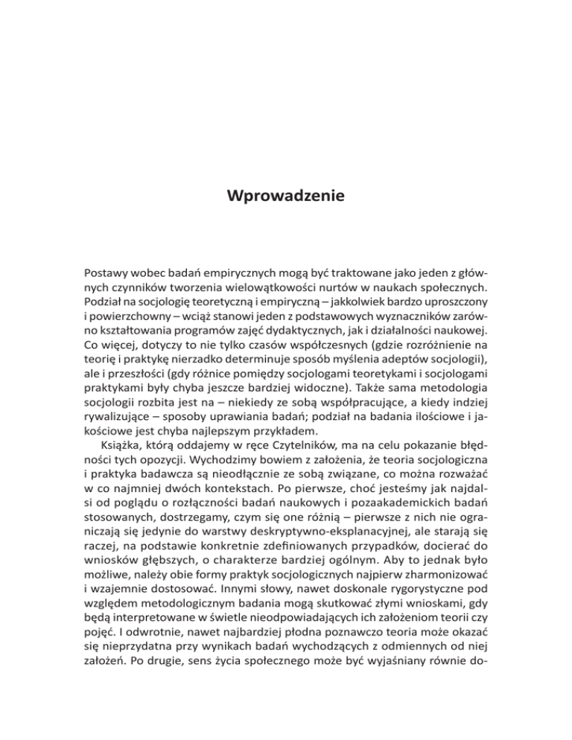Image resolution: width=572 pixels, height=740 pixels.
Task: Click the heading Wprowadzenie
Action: coord(286,197)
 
